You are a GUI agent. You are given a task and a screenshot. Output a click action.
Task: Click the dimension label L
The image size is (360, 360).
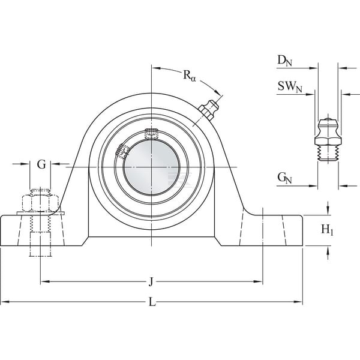point(152,302)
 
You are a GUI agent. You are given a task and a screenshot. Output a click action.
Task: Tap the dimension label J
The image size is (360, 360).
point(151,282)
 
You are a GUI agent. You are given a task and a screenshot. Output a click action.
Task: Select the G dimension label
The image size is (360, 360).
point(41,164)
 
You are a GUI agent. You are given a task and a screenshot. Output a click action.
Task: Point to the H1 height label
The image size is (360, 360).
point(327,230)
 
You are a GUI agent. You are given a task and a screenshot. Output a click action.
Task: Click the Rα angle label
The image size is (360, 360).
point(189,75)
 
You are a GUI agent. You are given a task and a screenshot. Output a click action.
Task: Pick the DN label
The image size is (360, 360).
point(284,61)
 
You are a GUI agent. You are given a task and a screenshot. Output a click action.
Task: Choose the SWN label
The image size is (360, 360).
point(290,87)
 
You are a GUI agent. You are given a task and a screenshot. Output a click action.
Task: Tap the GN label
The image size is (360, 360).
point(284,178)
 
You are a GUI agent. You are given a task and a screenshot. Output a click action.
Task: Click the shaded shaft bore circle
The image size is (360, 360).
point(152,167)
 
